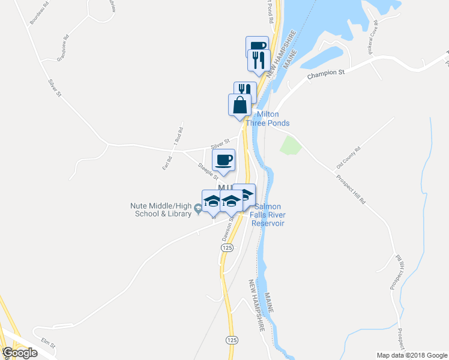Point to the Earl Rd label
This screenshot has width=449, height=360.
pyautogui.click(x=167, y=163)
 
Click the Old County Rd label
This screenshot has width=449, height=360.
pyautogui.click(x=348, y=157)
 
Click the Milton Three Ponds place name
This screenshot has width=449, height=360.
pyautogui.click(x=273, y=119)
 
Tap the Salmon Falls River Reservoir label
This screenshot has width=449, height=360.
pyautogui.click(x=267, y=215)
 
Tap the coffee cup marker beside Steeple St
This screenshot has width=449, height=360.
pyautogui.click(x=224, y=160)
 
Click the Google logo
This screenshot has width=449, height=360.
pyautogui.click(x=20, y=353)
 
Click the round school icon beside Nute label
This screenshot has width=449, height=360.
pyautogui.click(x=198, y=209)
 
